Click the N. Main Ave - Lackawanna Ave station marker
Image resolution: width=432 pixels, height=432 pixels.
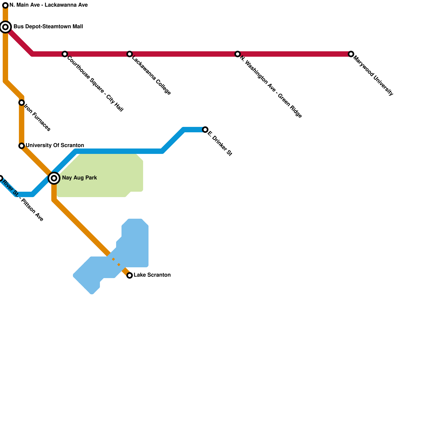pos(5,5)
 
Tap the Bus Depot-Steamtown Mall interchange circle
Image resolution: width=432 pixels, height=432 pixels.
pos(5,27)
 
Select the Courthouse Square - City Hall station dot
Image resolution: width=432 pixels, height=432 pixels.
pos(65,54)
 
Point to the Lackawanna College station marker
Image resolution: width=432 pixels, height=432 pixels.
pos(130,54)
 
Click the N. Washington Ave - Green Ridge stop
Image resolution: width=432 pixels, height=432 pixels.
pos(237,54)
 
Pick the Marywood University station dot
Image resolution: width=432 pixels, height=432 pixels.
pos(351,54)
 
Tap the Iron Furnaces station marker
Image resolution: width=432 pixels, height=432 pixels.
pos(22,103)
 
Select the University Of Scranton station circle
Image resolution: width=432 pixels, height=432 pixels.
pos(22,146)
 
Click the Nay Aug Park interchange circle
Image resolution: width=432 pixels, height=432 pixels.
pos(54,178)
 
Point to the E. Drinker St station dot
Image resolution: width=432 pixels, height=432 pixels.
pos(205,130)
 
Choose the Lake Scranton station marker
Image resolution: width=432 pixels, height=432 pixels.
pos(130,275)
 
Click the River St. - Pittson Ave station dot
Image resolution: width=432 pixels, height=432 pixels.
pos(1,178)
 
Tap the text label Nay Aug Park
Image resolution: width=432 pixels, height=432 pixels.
pos(79,178)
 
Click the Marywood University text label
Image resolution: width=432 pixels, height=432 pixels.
pos(373,76)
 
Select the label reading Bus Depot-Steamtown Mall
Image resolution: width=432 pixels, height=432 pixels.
pos(48,27)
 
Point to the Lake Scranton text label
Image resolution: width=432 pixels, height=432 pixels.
pos(152,275)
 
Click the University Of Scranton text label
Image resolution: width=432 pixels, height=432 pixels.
pos(55,146)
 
